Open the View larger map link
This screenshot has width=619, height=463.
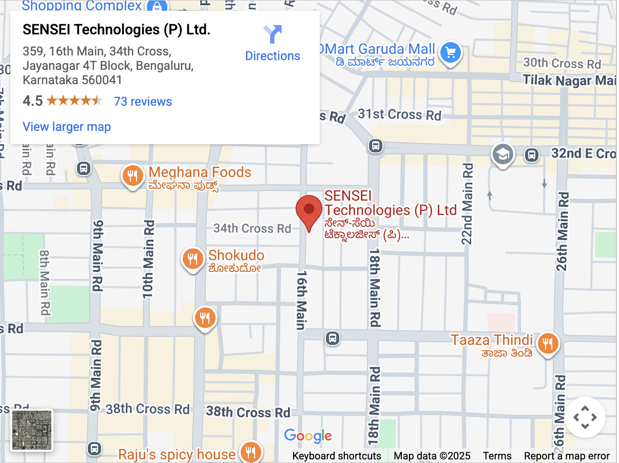[x=67, y=126]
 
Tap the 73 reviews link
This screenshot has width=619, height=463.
[x=143, y=101]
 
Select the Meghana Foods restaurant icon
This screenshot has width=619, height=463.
[x=132, y=176]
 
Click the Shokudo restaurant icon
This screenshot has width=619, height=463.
[x=192, y=259]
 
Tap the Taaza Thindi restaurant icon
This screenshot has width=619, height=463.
[x=548, y=343]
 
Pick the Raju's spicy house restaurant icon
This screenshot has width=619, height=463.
[x=251, y=452]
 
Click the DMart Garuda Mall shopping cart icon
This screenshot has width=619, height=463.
[x=451, y=52]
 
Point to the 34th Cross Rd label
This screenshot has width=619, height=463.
[x=252, y=228]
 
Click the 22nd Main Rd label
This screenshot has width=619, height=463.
[x=468, y=203]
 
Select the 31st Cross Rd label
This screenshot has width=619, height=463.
[x=399, y=114]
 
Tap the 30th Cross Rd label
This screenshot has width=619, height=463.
[x=562, y=64]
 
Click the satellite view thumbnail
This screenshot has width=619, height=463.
[x=32, y=430]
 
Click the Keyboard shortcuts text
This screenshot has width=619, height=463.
[x=337, y=456]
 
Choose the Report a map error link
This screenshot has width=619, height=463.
[x=567, y=456]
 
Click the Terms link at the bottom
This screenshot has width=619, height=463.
[x=497, y=456]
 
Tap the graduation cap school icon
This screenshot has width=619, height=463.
[x=502, y=154]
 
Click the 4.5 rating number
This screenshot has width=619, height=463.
[x=32, y=101]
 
